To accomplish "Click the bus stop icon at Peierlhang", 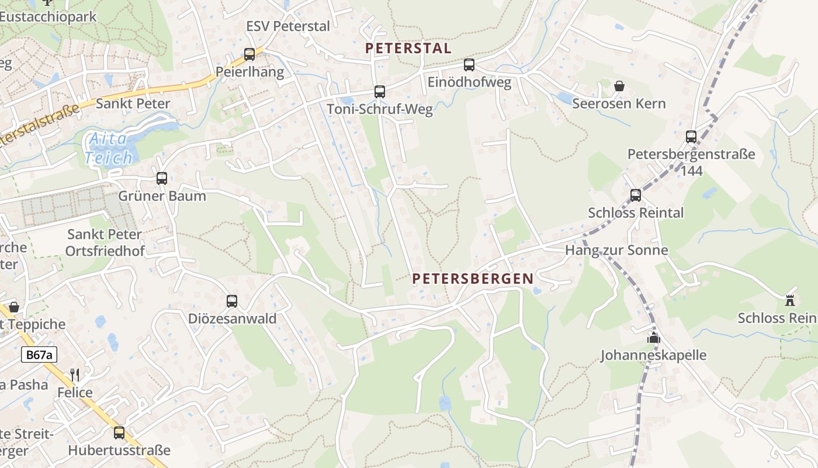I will [x=249, y=54].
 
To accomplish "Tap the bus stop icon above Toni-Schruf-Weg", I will [x=380, y=91].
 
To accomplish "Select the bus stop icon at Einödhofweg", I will [x=469, y=65].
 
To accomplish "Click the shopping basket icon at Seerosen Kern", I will [x=619, y=86].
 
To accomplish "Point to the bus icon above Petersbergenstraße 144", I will [x=691, y=137].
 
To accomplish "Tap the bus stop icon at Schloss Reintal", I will [x=636, y=195].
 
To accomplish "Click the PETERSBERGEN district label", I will [x=473, y=279].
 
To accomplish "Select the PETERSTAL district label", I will [x=408, y=49].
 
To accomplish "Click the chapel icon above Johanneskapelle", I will [x=653, y=338].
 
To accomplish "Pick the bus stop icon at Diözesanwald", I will [x=232, y=301].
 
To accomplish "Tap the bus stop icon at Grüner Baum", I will [x=162, y=178].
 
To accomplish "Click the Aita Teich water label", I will [x=109, y=149].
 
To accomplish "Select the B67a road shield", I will [x=39, y=355].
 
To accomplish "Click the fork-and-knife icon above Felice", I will [x=75, y=375].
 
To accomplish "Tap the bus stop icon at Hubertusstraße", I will [x=119, y=433].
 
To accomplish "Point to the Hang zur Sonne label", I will [x=616, y=250].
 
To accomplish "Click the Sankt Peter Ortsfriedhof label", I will [x=105, y=242].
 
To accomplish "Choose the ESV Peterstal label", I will [x=288, y=26].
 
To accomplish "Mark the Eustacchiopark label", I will [x=48, y=16].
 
